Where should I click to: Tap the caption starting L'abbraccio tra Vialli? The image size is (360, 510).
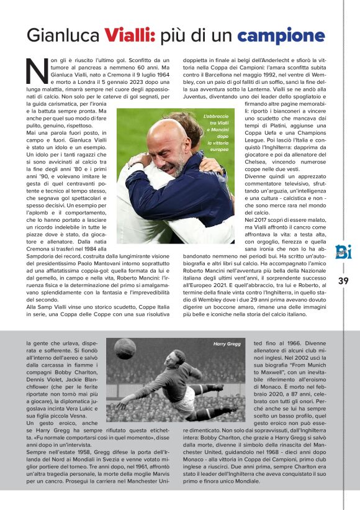pos(216,133)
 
